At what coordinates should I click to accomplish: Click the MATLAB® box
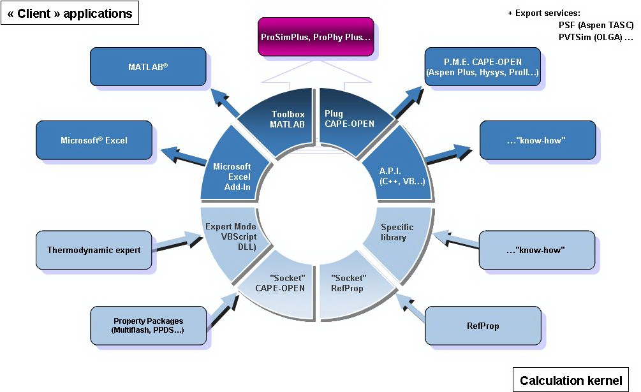click(147, 66)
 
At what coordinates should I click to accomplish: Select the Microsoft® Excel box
click(94, 140)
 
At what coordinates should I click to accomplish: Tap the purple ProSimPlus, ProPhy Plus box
click(315, 37)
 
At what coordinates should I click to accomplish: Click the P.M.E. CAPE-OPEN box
click(482, 67)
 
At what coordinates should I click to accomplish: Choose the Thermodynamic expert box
click(93, 250)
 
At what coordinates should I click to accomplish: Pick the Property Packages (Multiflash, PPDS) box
click(148, 325)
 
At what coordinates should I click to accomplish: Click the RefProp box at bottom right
click(482, 326)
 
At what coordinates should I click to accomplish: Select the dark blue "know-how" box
click(537, 140)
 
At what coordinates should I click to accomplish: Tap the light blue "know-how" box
click(536, 250)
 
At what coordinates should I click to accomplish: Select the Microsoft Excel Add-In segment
click(232, 175)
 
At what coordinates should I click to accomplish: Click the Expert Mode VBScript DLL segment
click(230, 237)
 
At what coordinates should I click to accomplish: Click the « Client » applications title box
click(70, 13)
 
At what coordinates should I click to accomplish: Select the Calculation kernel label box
click(570, 381)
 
